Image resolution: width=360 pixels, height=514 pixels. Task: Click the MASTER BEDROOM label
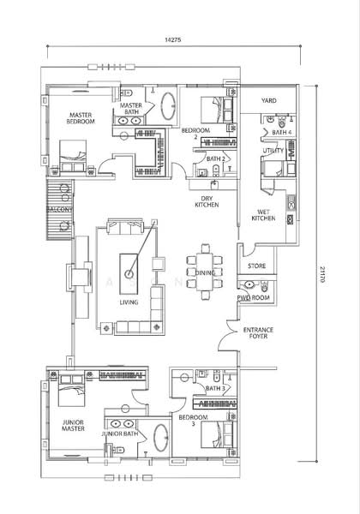[x=81, y=118]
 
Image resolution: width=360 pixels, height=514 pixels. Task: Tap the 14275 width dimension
[x=173, y=40]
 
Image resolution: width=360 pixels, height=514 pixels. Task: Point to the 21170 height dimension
[x=322, y=274]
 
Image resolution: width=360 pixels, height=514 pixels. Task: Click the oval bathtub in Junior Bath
[x=161, y=438]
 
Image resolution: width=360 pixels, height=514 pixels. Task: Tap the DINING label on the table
[x=205, y=272]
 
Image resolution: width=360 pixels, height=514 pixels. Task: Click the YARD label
[x=269, y=100]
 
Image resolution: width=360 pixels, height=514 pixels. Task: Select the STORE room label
[x=257, y=266]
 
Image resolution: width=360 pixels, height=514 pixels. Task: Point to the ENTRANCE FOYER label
[x=258, y=333]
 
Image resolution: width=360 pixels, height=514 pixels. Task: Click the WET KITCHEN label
[x=264, y=215]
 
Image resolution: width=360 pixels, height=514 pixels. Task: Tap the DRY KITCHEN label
[x=207, y=201]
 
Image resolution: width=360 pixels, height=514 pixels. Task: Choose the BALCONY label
[x=59, y=210]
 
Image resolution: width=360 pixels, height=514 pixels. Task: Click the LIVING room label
[x=129, y=302]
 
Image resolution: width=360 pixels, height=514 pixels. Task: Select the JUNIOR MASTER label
[x=73, y=426]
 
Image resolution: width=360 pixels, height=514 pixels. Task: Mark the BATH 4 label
[x=282, y=133]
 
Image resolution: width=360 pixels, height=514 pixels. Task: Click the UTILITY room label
[x=273, y=151]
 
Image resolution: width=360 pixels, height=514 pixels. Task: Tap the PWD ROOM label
[x=254, y=297]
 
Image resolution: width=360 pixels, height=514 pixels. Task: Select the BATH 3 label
[x=215, y=388]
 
